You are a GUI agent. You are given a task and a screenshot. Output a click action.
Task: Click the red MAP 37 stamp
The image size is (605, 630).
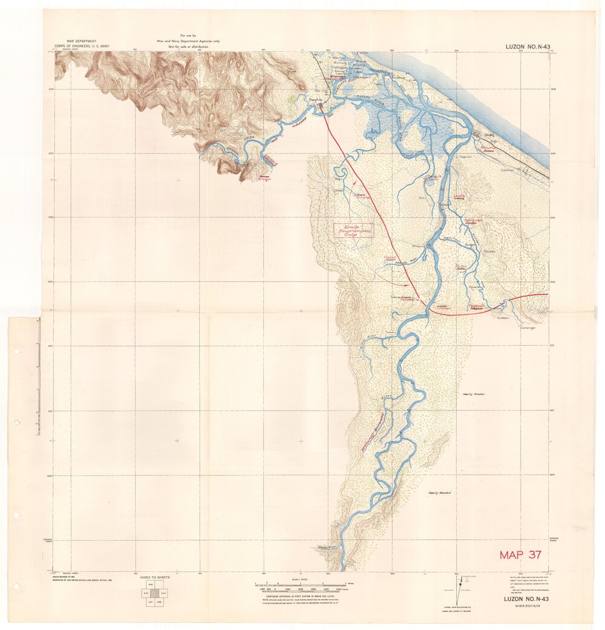click(x=520, y=554)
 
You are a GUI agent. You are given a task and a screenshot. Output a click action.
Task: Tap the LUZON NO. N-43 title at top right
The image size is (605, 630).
click(x=526, y=47)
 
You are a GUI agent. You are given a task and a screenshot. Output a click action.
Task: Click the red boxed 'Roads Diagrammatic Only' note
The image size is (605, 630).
click(x=353, y=230)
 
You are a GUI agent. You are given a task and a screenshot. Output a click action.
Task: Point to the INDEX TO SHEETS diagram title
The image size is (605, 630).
click(x=155, y=577)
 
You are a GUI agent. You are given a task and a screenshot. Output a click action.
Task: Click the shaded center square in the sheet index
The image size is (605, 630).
click(x=155, y=594)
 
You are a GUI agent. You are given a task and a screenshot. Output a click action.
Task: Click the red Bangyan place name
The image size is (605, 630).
click(x=471, y=221)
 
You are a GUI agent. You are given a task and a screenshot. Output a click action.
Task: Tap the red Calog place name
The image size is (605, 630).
click(x=389, y=258)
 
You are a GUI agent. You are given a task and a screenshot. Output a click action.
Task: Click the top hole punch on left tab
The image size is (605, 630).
click(x=17, y=351)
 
